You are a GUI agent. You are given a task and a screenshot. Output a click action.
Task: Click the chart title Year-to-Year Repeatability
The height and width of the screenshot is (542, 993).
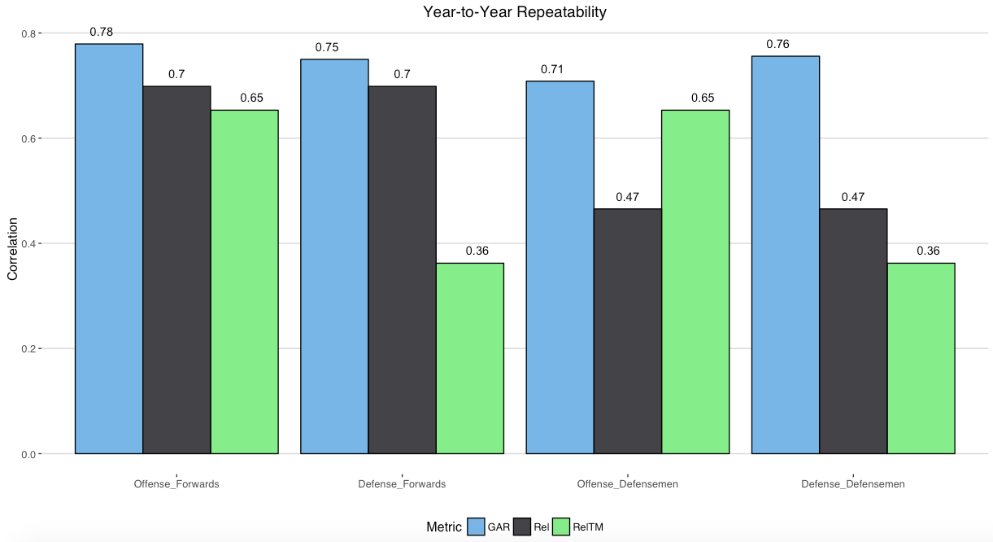514,12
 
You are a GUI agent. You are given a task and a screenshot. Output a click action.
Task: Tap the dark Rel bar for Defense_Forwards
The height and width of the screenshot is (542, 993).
402,269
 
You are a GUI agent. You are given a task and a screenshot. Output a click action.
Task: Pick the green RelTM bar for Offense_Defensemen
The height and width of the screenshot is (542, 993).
695,282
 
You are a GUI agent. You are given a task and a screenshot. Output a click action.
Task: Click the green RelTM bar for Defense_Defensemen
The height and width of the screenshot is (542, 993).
921,358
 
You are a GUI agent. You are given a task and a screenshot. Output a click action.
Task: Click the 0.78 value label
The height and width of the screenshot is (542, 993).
102,33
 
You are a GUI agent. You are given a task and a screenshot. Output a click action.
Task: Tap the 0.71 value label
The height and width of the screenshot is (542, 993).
552,70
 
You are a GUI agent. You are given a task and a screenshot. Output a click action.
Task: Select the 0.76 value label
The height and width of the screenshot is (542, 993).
777,45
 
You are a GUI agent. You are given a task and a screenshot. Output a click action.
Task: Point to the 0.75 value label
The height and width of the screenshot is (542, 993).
327,48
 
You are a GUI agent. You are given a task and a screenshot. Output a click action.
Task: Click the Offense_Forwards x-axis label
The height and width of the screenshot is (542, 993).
176,484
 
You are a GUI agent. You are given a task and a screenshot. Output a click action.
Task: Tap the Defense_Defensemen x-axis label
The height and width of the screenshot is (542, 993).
853,484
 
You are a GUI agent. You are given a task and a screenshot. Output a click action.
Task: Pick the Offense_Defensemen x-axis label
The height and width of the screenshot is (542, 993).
628,484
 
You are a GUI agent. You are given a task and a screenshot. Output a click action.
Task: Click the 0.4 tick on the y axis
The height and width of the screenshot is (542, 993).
29,244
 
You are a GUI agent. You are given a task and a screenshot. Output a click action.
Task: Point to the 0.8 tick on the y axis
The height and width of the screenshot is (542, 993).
29,33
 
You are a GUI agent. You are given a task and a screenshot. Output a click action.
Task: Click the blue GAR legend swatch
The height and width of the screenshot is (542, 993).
477,527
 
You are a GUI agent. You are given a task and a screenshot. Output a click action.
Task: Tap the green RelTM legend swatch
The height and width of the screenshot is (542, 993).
562,527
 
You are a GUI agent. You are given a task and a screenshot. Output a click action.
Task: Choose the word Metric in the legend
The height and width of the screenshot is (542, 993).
444,527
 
